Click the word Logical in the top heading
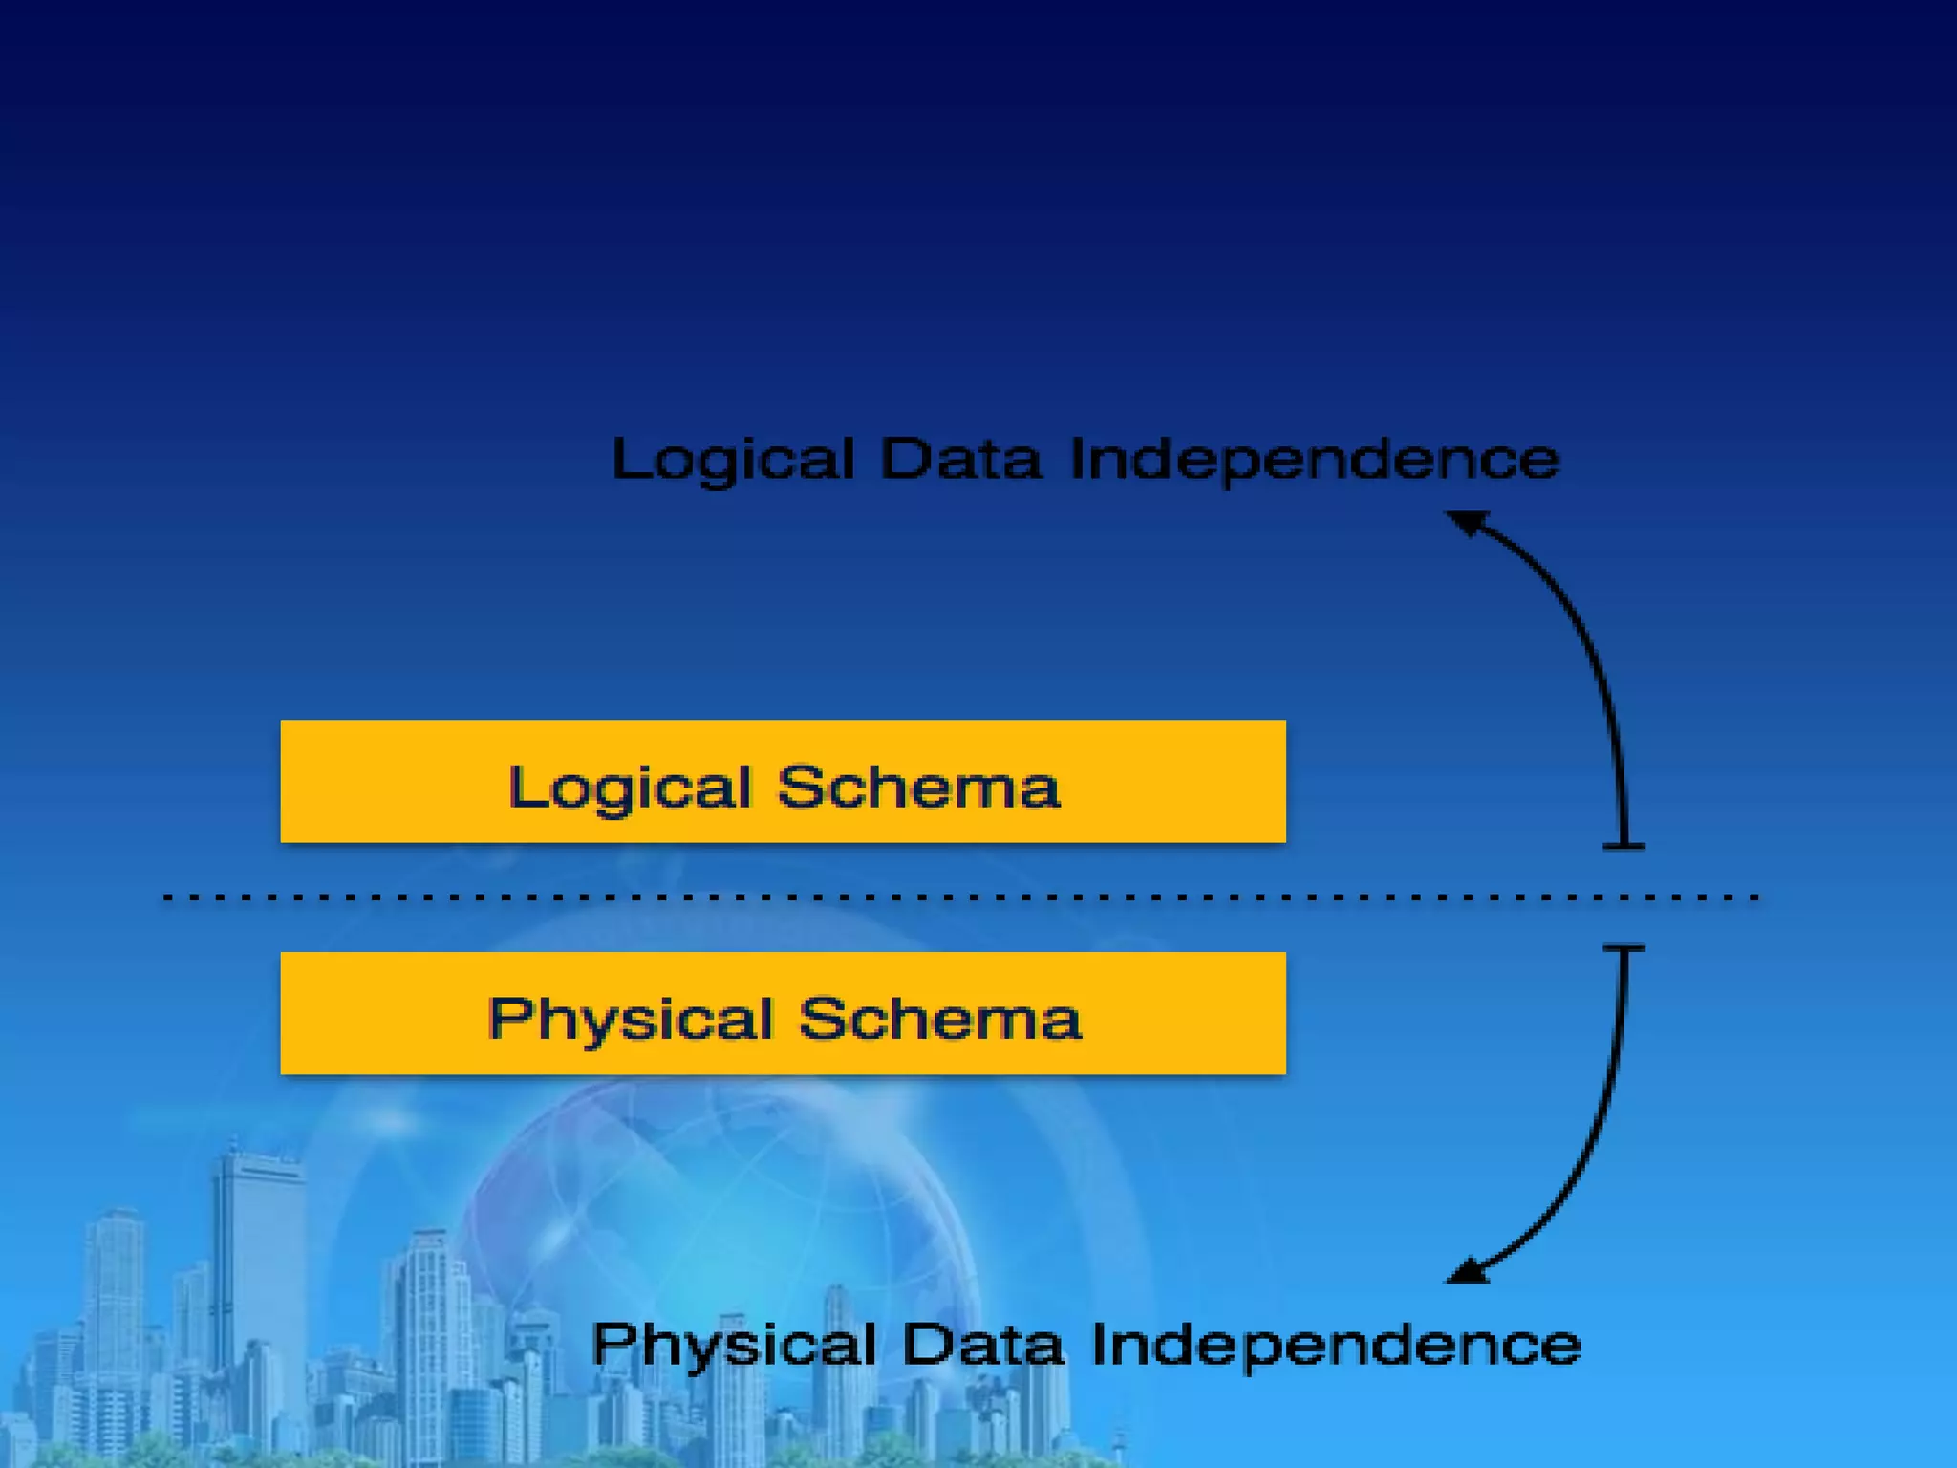(x=733, y=460)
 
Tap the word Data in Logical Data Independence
(x=959, y=459)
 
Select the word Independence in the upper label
(x=1314, y=460)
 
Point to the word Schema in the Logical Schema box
(x=917, y=788)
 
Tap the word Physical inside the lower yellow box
(x=630, y=1020)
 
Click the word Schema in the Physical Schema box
(x=939, y=1019)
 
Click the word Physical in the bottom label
(x=733, y=1345)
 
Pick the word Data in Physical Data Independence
(x=982, y=1345)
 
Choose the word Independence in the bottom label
(x=1335, y=1345)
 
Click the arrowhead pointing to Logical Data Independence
(x=1467, y=523)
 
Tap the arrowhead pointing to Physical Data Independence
(x=1467, y=1270)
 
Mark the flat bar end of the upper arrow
(x=1624, y=846)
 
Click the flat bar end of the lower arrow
(x=1624, y=949)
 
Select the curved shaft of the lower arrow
(x=1591, y=1147)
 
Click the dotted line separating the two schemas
(x=956, y=897)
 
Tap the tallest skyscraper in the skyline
(x=256, y=1262)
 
